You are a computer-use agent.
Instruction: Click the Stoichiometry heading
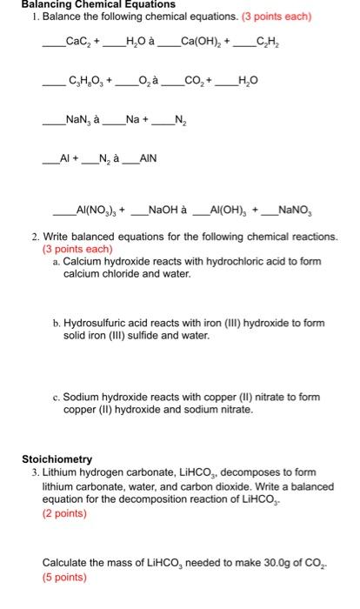[x=57, y=458]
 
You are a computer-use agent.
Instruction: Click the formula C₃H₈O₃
[x=83, y=84]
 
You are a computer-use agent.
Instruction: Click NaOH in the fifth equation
[x=167, y=209]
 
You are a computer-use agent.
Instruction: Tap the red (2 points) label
[x=64, y=512]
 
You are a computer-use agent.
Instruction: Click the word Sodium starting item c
[x=82, y=397]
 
